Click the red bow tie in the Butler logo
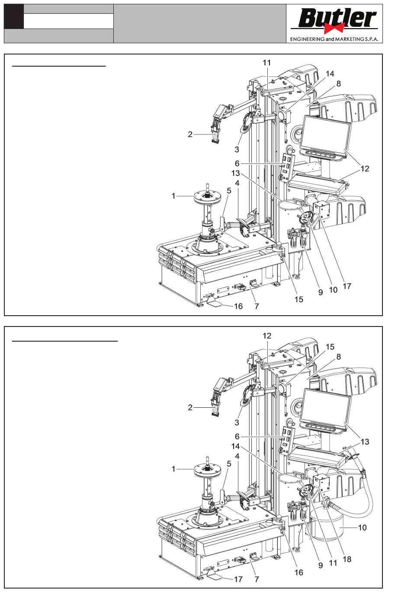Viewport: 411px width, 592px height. [334, 27]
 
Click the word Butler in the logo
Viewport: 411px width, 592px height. [337, 18]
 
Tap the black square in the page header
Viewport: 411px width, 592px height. [14, 16]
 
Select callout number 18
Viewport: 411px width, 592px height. [347, 559]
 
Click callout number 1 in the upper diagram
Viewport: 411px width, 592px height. [173, 196]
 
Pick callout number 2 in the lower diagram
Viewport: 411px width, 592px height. [190, 407]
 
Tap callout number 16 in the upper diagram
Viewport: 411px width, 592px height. [238, 306]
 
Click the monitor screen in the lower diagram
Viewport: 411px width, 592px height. [326, 409]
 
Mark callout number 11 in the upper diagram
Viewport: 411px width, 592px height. [267, 63]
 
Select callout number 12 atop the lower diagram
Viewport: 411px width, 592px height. [267, 336]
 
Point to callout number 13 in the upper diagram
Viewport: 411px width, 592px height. [235, 173]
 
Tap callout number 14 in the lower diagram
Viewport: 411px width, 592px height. [235, 446]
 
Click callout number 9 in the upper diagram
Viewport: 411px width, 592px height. [321, 292]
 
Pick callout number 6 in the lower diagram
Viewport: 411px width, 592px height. [237, 436]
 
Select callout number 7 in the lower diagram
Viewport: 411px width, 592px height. [257, 579]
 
